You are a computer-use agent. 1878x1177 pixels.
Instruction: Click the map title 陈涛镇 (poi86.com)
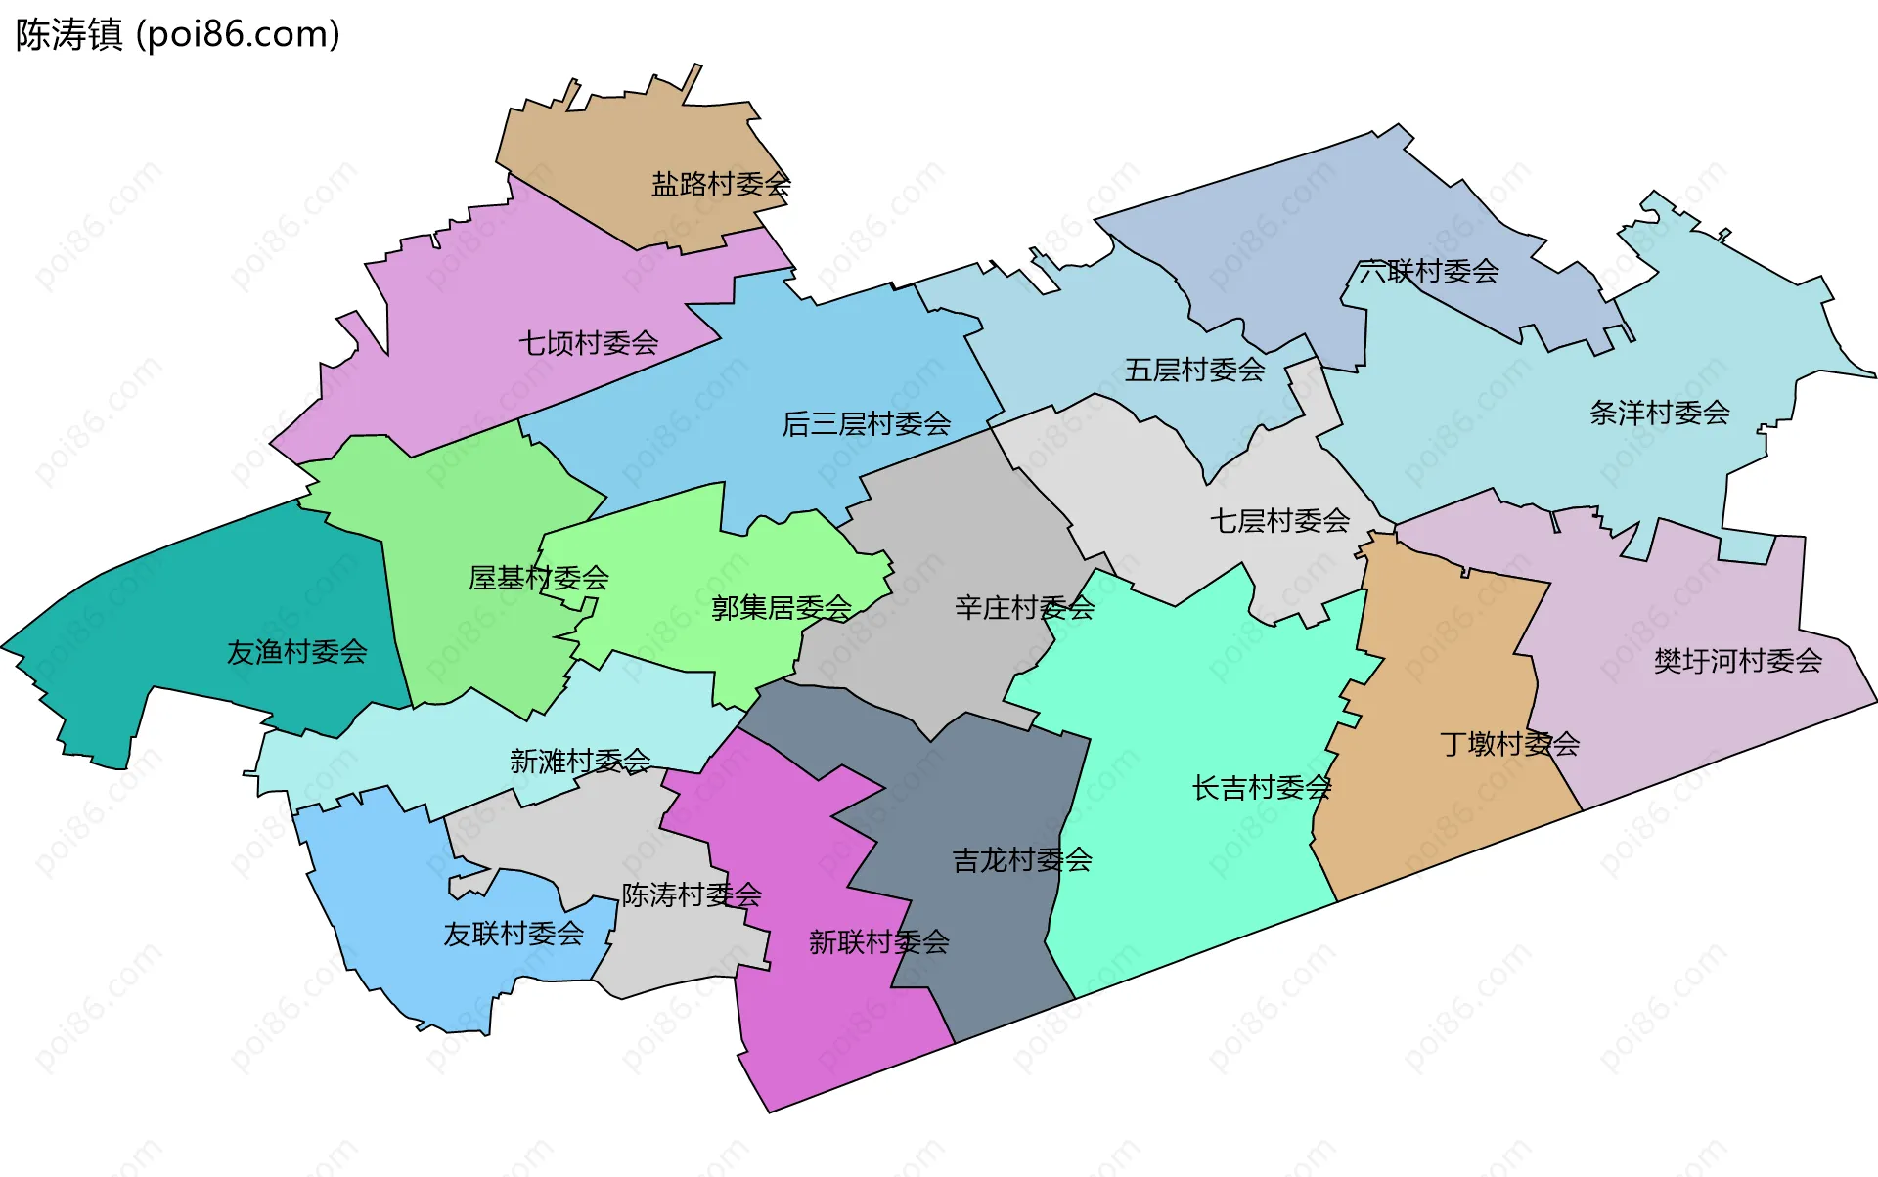178,35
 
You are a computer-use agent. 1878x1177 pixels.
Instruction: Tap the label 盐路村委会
721,184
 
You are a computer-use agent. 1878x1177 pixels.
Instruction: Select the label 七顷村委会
588,343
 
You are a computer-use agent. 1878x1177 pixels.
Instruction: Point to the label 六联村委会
1428,271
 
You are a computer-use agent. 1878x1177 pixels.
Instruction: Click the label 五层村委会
1194,370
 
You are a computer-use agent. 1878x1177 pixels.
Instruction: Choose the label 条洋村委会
1659,413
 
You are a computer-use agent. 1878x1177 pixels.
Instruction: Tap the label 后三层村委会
866,423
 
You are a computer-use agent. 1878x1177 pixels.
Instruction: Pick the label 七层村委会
1279,520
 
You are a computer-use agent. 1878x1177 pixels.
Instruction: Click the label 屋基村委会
538,578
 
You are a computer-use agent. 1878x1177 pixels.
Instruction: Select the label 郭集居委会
781,608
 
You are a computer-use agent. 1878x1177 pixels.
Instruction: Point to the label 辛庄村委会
1024,608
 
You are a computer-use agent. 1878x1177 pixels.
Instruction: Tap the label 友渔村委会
296,652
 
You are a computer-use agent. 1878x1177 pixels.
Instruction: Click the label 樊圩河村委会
1737,661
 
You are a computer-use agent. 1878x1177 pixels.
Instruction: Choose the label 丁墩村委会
1509,744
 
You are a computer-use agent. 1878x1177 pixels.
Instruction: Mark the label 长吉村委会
1261,787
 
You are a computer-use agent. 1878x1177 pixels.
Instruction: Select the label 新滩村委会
580,761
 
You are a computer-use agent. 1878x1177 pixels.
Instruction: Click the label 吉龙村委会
1021,860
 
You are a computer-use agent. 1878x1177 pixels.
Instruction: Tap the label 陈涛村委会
692,894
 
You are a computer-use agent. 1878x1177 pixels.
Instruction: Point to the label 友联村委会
514,934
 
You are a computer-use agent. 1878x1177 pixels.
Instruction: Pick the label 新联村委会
878,942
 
